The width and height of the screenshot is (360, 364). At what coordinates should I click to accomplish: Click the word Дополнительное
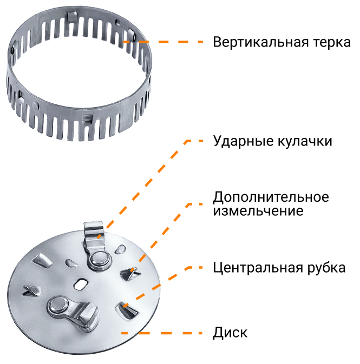[271, 197]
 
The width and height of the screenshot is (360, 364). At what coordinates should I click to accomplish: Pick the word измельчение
[258, 211]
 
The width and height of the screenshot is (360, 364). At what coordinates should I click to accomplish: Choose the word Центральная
[258, 268]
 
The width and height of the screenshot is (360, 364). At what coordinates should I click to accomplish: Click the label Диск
[230, 333]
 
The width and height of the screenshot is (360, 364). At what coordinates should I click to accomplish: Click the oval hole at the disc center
[81, 284]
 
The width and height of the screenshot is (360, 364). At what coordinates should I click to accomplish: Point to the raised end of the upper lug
[94, 229]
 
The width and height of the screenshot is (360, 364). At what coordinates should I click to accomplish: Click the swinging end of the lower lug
[89, 315]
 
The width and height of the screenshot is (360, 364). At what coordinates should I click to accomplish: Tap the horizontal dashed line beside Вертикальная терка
[163, 42]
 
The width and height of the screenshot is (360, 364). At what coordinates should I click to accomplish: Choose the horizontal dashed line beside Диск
[162, 333]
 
